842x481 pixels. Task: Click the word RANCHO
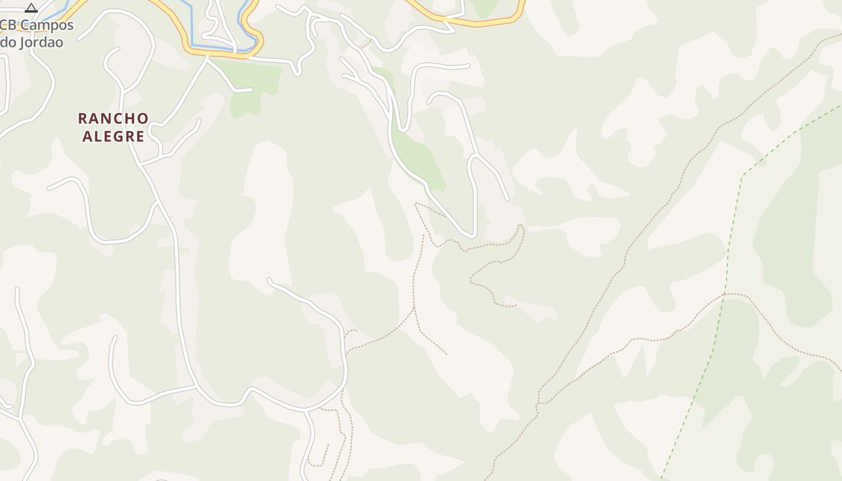[x=114, y=118]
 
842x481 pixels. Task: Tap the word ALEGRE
[x=114, y=136]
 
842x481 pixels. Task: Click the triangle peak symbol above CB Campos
[x=31, y=8]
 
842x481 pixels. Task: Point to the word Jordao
[x=40, y=43]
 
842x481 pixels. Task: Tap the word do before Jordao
[x=8, y=43]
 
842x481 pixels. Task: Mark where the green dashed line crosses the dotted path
[x=725, y=294]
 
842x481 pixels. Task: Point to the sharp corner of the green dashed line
[x=743, y=176]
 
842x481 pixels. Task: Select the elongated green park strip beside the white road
[x=421, y=159]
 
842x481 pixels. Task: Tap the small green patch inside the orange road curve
[x=484, y=7]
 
